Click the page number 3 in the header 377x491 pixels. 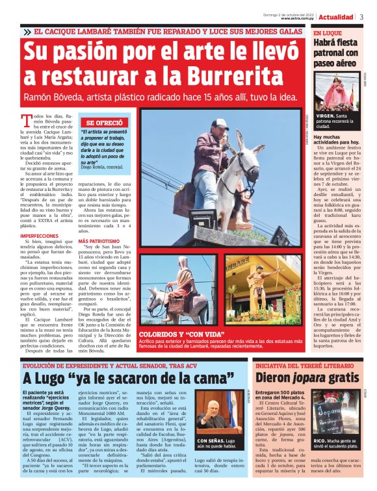(x=361, y=17)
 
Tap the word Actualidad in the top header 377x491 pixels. (x=336, y=17)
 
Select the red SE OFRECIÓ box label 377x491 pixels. (x=104, y=122)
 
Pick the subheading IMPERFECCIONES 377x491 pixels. (x=40, y=236)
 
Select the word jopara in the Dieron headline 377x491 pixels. (x=318, y=377)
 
